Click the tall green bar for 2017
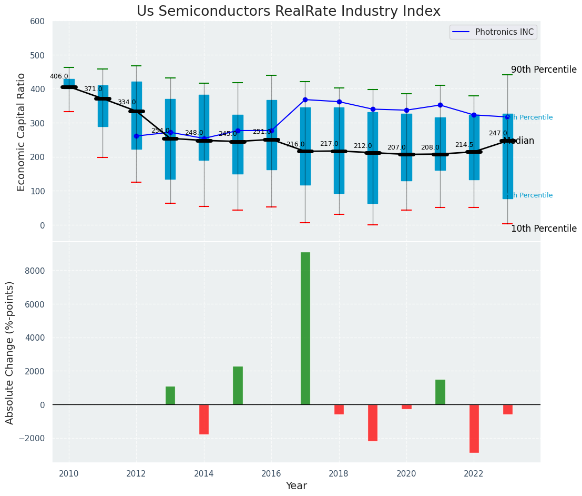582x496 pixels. (x=305, y=328)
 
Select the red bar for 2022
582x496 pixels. (x=474, y=428)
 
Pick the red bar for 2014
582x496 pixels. (x=204, y=419)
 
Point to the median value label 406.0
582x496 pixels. (x=59, y=76)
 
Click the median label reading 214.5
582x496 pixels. (x=464, y=145)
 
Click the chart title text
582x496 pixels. (x=289, y=12)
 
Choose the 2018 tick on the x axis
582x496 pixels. (x=339, y=473)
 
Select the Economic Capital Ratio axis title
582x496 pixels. (x=22, y=132)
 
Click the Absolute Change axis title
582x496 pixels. (x=10, y=352)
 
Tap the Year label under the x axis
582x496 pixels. (x=296, y=486)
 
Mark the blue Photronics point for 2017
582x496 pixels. (x=305, y=100)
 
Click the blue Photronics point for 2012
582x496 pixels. (x=137, y=136)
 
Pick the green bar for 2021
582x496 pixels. (x=440, y=392)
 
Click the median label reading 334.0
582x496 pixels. (x=127, y=102)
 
